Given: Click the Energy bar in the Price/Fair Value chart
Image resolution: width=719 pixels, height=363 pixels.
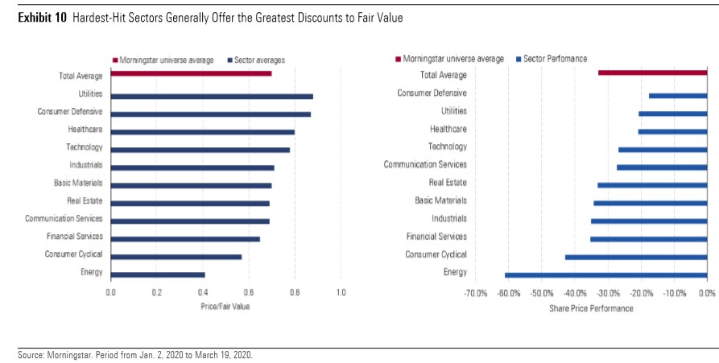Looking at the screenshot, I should [158, 274].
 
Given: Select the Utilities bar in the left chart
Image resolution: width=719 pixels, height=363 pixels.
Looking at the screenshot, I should [211, 96].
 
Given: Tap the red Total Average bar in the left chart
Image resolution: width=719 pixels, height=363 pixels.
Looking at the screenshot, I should [191, 73].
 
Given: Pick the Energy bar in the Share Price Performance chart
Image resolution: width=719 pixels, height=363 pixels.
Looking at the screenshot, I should [605, 275].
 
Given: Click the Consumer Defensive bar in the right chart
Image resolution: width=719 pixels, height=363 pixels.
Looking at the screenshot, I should [677, 96].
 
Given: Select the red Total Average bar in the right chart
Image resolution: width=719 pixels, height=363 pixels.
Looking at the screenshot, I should [652, 73].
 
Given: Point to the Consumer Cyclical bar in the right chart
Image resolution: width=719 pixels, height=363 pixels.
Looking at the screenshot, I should [635, 257].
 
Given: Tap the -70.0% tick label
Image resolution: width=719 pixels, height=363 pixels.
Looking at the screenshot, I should [476, 293].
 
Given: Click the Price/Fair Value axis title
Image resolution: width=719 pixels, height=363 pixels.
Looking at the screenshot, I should [225, 307].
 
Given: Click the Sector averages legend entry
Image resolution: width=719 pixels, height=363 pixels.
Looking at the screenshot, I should [258, 60].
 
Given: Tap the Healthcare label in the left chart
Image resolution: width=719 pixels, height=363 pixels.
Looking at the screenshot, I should [85, 129].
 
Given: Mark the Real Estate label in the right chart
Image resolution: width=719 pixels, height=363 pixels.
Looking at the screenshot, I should [448, 183].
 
